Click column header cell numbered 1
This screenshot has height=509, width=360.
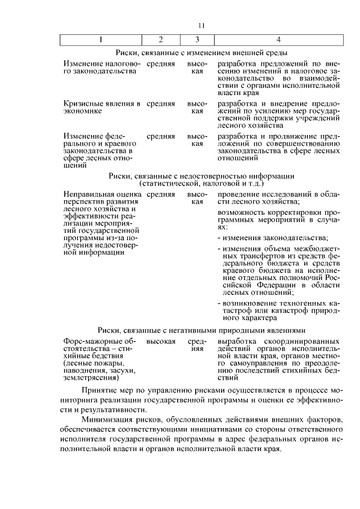tap(101, 39)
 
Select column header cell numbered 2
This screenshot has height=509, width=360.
tap(160, 39)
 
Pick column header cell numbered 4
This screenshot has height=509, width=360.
tap(279, 39)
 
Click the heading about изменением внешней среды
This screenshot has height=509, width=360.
tap(202, 52)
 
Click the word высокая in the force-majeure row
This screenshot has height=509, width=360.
tap(161, 341)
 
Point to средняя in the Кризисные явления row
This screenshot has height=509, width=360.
tap(161, 104)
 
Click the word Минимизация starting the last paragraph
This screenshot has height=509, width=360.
tap(107, 420)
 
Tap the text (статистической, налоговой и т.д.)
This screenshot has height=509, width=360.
tap(201, 183)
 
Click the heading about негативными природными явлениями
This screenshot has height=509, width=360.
tap(201, 330)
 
